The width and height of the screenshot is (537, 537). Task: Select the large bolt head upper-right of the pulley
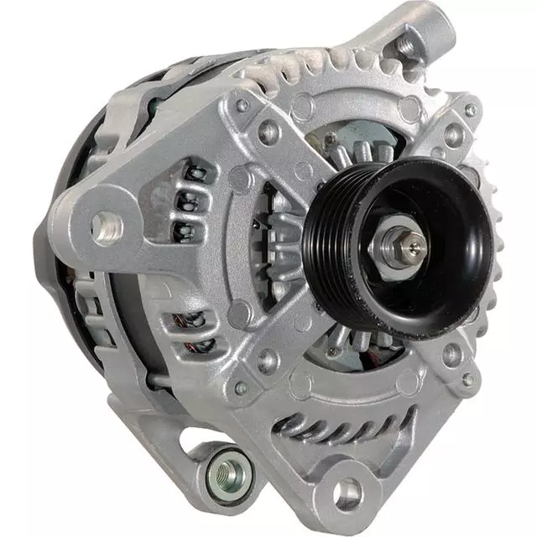pos(453,133)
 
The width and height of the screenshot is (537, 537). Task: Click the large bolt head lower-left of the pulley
pos(267,360)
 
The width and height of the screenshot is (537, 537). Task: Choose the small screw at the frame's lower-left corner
pos(242,388)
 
